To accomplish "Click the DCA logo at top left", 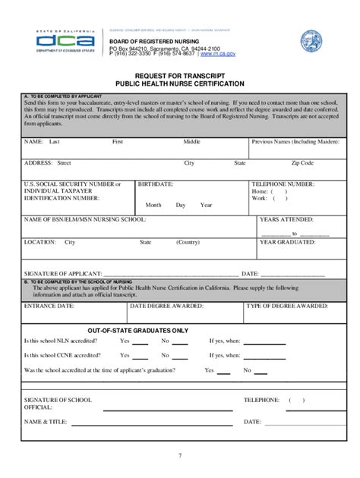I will click(65, 40).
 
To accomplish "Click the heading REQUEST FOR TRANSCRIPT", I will click(179, 77).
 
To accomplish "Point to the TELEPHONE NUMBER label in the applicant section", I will click(283, 184).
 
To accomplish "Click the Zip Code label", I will click(302, 163).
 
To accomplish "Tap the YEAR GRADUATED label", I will click(289, 243).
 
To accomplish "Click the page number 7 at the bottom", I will click(180, 455).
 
